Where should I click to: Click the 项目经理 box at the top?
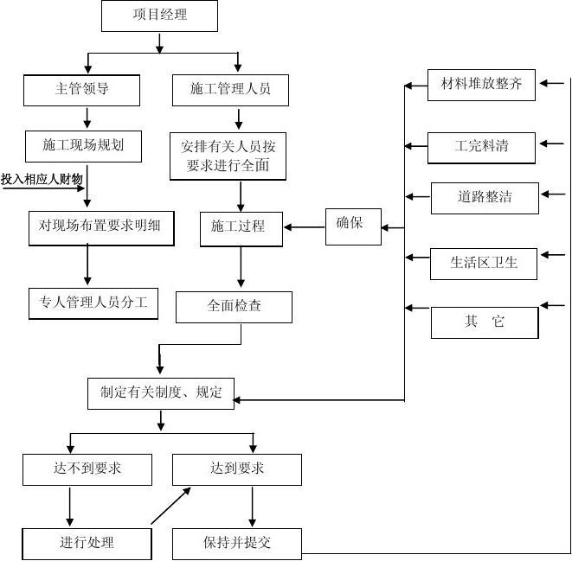pyautogui.click(x=160, y=16)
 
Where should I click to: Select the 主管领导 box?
pyautogui.click(x=81, y=89)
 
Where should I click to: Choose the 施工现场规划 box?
pyautogui.click(x=82, y=145)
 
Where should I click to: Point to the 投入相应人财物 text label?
pyautogui.click(x=42, y=179)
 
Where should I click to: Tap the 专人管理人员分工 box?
pyautogui.click(x=93, y=303)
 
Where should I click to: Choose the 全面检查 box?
pyautogui.click(x=234, y=307)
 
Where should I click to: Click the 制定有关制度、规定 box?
pyautogui.click(x=161, y=393)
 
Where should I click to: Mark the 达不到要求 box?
pyautogui.click(x=87, y=469)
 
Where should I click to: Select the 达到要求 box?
pyautogui.click(x=237, y=469)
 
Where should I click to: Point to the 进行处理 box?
pyautogui.click(x=87, y=543)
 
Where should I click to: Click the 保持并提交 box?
pyautogui.click(x=237, y=543)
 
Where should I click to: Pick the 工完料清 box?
pyautogui.click(x=483, y=145)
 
